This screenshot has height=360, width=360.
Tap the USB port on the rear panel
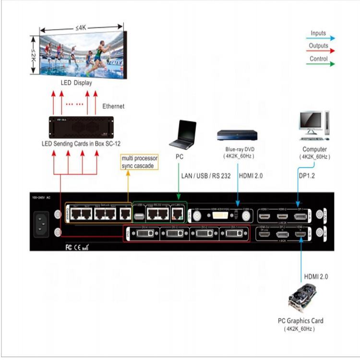pyautogui.click(x=139, y=216)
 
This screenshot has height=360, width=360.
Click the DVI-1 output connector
pyautogui.click(x=234, y=235)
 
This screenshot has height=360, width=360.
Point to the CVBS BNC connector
pyautogui.click(x=247, y=217)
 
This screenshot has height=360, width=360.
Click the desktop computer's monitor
pyautogui.click(x=310, y=123)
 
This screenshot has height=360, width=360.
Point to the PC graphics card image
pyautogui.click(x=302, y=298)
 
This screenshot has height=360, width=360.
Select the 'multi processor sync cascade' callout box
pyautogui.click(x=139, y=162)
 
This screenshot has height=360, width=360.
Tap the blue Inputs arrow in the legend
pyautogui.click(x=321, y=38)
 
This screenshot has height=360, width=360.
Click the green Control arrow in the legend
pyautogui.click(x=321, y=63)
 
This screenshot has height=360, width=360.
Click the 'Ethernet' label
pyautogui.click(x=113, y=106)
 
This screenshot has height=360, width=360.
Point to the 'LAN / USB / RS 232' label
pyautogui.click(x=206, y=176)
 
